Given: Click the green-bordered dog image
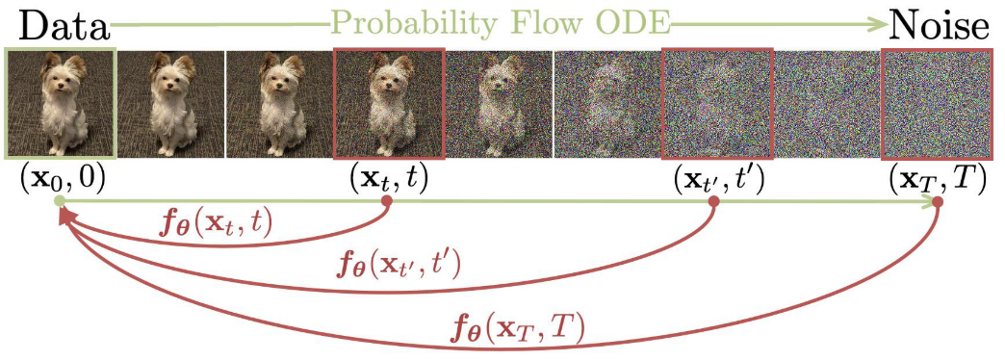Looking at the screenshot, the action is pos(61,103).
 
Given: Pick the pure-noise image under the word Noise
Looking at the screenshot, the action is pos(937,103).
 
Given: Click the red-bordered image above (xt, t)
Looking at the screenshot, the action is pos(389,103).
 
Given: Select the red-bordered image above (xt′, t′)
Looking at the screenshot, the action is pos(717,103).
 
